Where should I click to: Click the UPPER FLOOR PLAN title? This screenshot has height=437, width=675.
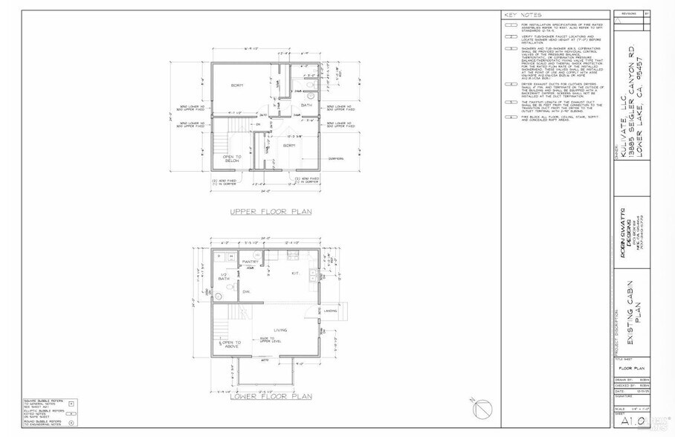270,211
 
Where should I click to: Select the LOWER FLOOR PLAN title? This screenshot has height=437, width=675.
270,396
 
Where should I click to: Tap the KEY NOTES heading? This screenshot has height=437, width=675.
523,15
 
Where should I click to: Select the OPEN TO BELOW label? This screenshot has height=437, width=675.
233,160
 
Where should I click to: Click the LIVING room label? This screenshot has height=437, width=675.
281,330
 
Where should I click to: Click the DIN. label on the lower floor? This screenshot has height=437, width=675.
246,293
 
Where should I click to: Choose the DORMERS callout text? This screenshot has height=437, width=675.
336,158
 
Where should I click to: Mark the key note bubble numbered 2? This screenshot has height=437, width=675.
511,36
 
